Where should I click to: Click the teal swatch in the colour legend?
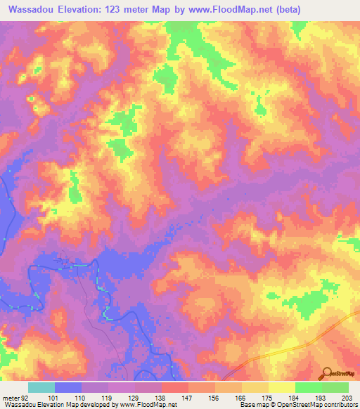(x=41, y=387)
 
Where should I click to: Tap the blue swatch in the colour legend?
(x=67, y=387)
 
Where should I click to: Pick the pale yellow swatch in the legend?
(x=281, y=387)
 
